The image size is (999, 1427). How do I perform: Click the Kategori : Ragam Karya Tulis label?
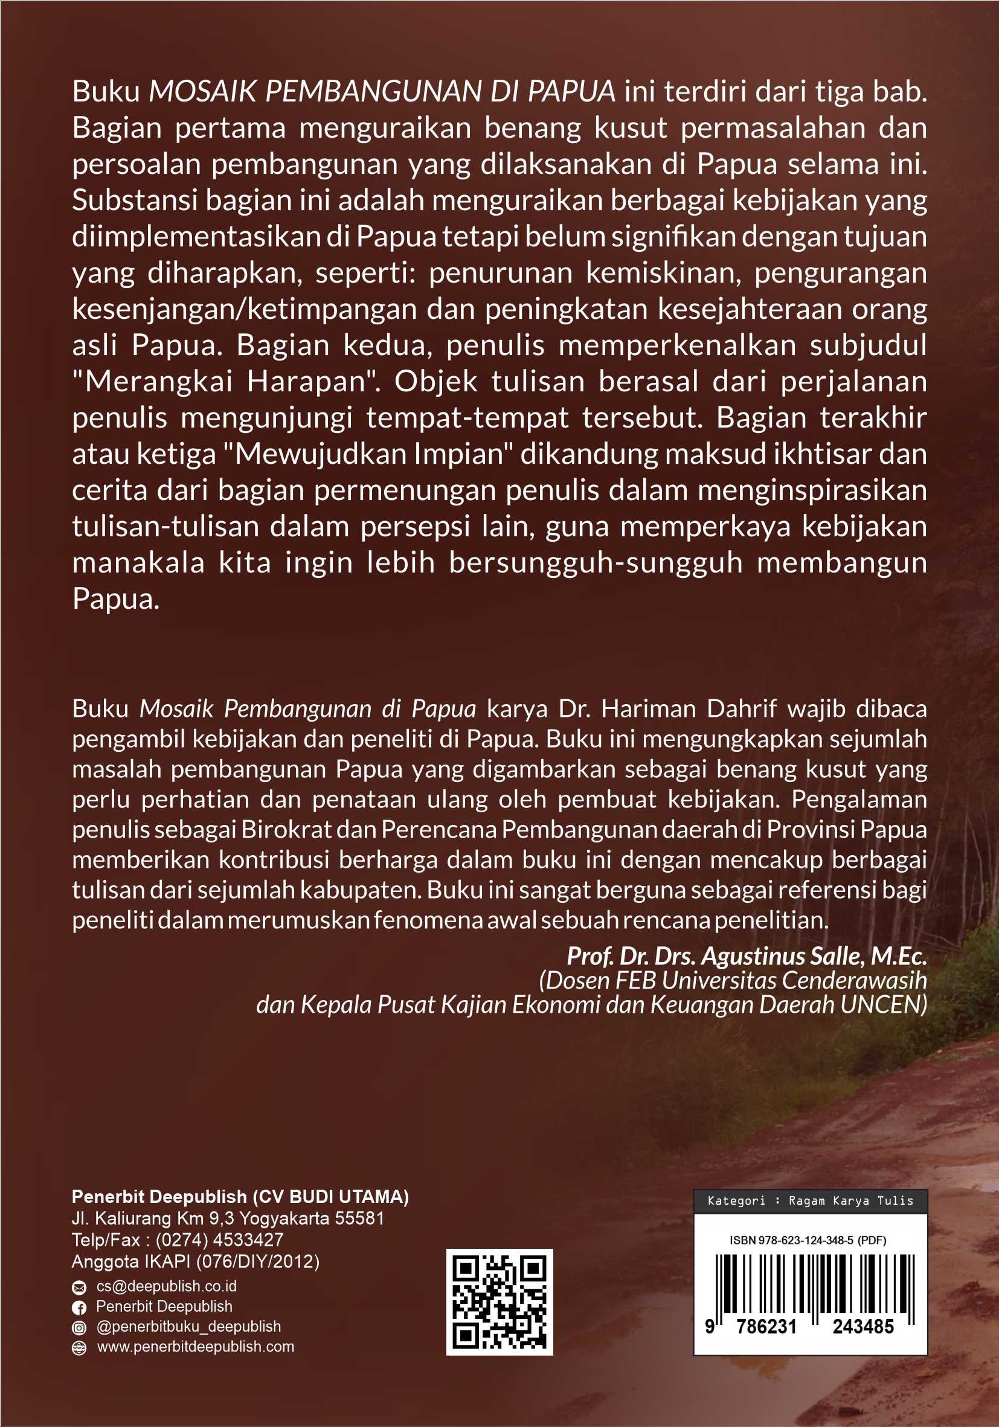tap(810, 1201)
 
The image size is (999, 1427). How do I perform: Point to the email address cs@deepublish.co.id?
tap(166, 1286)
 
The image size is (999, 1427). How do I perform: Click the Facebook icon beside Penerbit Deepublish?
tap(79, 1307)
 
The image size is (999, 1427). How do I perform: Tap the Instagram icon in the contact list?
tap(79, 1327)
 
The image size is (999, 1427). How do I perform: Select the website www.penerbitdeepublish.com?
tap(195, 1347)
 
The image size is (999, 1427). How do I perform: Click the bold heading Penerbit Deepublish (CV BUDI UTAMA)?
tap(240, 1196)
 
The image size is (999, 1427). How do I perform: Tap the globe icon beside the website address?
tap(79, 1348)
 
